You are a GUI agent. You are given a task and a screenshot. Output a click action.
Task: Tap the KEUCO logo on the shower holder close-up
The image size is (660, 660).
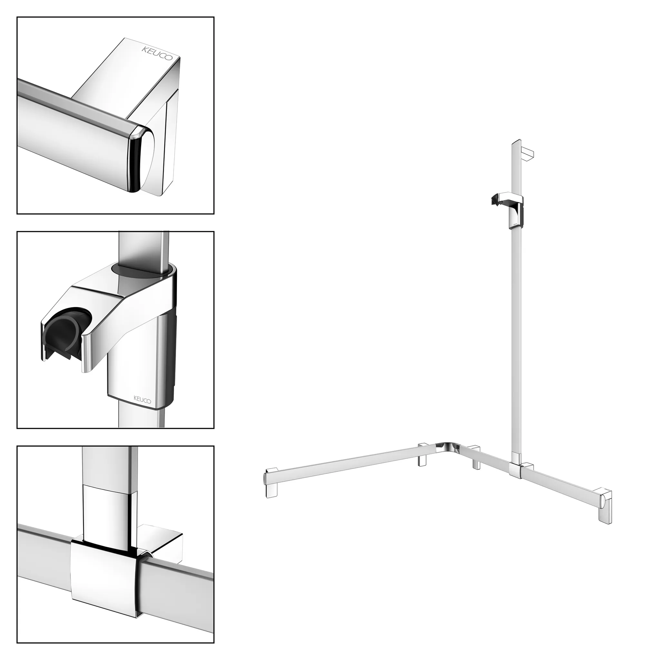[x=142, y=399]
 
